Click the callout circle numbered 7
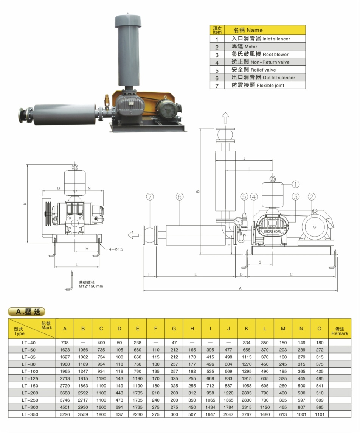tap(150, 196)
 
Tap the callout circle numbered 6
tap(180, 196)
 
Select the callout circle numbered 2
tap(312, 196)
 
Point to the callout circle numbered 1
tap(295, 184)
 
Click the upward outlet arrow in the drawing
tap(225, 118)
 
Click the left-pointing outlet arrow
tap(133, 235)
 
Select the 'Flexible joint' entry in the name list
tap(258, 85)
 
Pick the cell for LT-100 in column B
tap(83, 371)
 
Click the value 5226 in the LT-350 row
tap(65, 414)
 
